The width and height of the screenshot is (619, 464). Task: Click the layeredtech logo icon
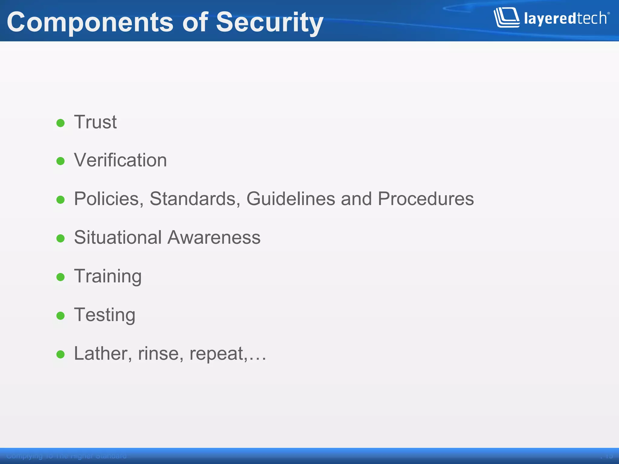click(x=506, y=18)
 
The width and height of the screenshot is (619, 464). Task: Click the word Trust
click(x=95, y=122)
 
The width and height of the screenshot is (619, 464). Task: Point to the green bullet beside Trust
click(x=60, y=123)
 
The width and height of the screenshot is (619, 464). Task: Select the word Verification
click(x=120, y=160)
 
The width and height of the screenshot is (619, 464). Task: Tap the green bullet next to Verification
click(x=60, y=161)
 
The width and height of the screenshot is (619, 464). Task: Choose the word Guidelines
click(x=291, y=199)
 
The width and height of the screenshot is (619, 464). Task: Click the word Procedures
click(x=426, y=199)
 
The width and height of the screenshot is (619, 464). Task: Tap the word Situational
click(x=118, y=237)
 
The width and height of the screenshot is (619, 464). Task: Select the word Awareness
click(x=214, y=237)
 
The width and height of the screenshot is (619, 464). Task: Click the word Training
click(x=108, y=276)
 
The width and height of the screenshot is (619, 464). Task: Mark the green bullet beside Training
click(x=60, y=277)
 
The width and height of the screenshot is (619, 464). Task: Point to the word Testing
click(x=105, y=315)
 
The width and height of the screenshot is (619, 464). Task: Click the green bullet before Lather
click(x=60, y=354)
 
